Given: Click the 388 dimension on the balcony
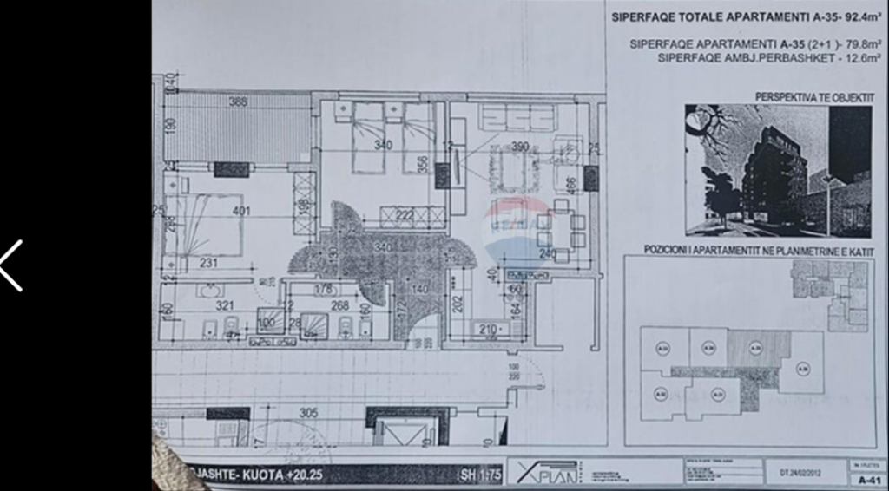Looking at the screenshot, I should click(x=238, y=101).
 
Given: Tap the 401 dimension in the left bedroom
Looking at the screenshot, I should click(x=240, y=211).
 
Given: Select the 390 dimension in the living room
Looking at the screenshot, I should click(x=519, y=146).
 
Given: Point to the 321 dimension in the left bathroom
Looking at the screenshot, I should click(x=226, y=305).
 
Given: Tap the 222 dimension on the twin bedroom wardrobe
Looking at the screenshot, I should click(x=405, y=215).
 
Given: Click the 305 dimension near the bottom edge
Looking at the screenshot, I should click(x=308, y=413).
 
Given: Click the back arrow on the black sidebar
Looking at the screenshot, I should click(x=11, y=265).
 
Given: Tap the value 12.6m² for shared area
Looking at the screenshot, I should click(x=854, y=59).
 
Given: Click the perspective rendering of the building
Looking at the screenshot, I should click(x=777, y=171).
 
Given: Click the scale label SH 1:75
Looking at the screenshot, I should click(x=478, y=475).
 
